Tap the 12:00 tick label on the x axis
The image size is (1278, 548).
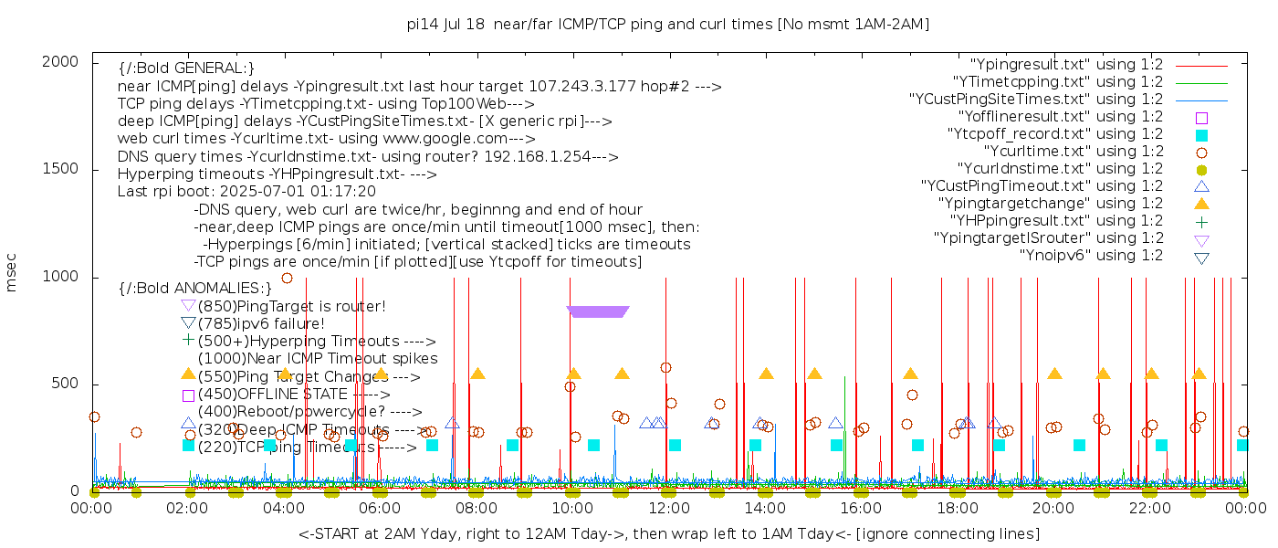tap(668, 509)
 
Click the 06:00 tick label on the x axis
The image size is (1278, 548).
tap(380, 509)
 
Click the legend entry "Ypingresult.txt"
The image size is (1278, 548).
tap(1066, 65)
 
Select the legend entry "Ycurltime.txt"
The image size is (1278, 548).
tap(1073, 152)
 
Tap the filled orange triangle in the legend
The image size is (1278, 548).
tap(1201, 204)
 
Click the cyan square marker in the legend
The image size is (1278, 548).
tap(1201, 134)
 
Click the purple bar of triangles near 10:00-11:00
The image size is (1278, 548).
tap(598, 311)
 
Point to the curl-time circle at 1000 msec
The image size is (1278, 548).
tap(287, 278)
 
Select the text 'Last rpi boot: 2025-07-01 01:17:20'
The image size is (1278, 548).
tap(246, 192)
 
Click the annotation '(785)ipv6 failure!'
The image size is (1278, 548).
tap(261, 323)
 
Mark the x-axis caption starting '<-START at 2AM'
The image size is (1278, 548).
tap(668, 533)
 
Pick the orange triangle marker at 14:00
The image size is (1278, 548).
tap(766, 374)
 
